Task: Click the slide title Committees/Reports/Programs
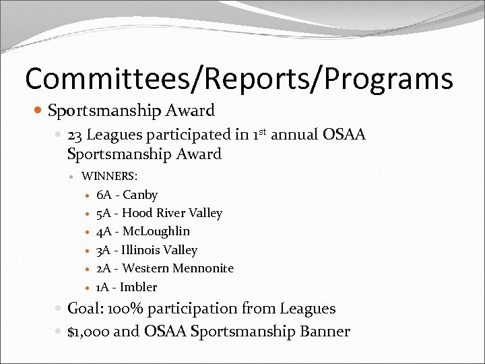[x=239, y=79]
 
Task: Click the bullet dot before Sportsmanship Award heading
[x=40, y=111]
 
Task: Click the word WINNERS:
[x=109, y=177]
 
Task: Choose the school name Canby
[x=140, y=195]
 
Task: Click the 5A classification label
[x=104, y=213]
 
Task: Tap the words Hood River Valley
[x=172, y=213]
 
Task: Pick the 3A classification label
[x=104, y=250]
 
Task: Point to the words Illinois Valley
[x=160, y=250]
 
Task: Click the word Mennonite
[x=203, y=268]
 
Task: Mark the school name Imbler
[x=138, y=287]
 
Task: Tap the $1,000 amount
[x=88, y=332]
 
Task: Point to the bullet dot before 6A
[x=88, y=195]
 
